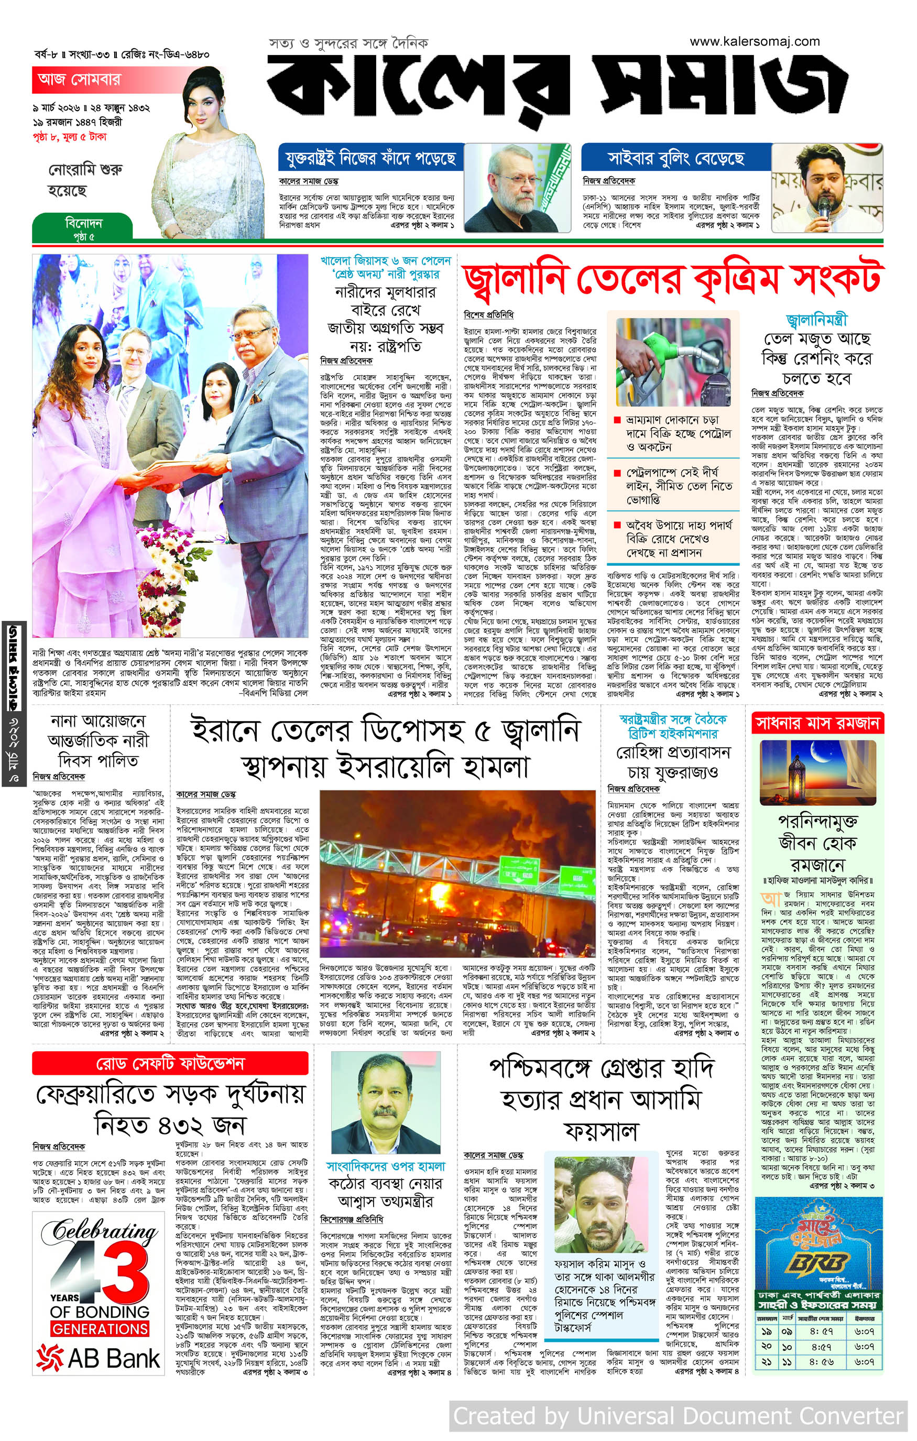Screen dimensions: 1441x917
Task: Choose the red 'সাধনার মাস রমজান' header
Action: (x=817, y=723)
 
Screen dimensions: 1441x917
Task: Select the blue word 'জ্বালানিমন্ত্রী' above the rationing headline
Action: (x=816, y=320)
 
